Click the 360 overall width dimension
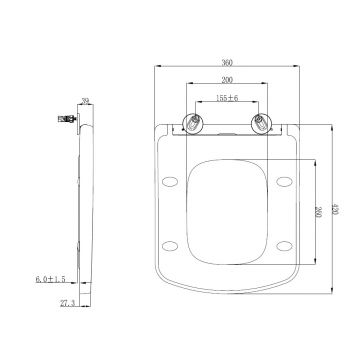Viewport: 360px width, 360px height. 227,62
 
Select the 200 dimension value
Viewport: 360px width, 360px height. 227,80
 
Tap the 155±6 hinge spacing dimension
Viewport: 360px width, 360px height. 227,98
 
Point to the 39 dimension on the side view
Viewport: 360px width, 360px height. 86,101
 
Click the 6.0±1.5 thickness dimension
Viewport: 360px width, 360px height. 51,279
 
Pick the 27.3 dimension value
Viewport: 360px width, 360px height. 67,303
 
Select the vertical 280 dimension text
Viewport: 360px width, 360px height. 317,212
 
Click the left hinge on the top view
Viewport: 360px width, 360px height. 194,124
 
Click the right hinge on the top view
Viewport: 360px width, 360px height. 262,124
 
